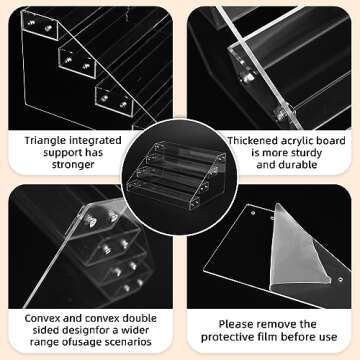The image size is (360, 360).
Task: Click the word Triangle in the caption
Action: pos(45,141)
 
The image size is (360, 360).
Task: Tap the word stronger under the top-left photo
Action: pos(73,164)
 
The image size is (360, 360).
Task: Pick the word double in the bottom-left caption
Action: pos(140,318)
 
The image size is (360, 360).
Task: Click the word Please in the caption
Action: pos(235,324)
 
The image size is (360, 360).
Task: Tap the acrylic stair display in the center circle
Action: pos(176,175)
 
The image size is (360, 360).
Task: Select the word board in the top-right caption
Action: pos(332,141)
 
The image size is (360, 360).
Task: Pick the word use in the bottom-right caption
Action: pos(328,337)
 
